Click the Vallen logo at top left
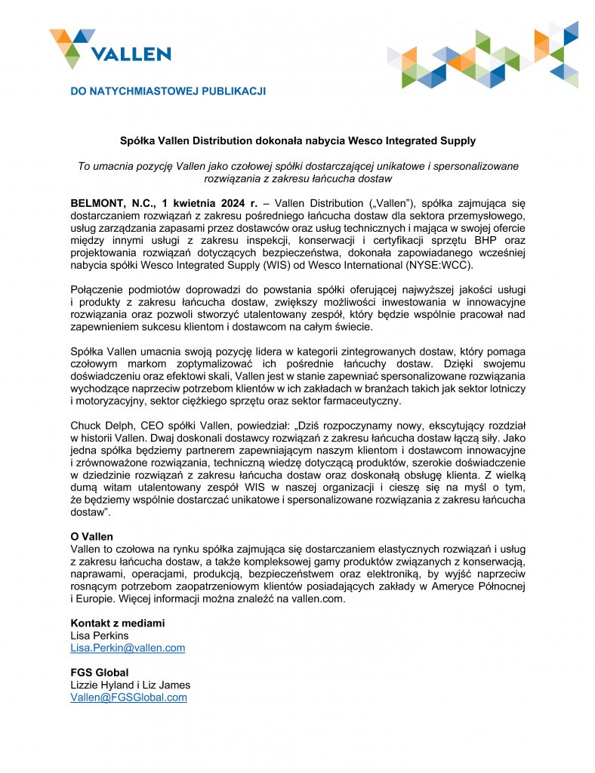(109, 48)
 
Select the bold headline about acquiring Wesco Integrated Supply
(298, 141)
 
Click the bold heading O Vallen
(91, 536)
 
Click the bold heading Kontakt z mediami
(117, 624)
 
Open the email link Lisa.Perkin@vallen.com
(128, 648)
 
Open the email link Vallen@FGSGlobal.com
(128, 698)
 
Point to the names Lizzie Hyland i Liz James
(130, 685)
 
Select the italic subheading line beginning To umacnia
(298, 166)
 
